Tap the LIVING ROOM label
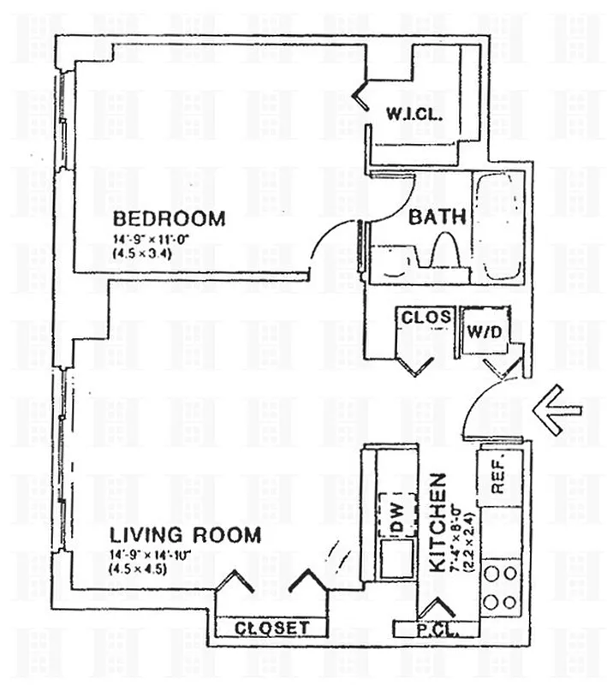click(x=185, y=536)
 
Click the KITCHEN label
click(x=436, y=522)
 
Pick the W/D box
click(x=479, y=330)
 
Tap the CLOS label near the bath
click(x=426, y=317)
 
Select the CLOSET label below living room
click(x=271, y=628)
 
